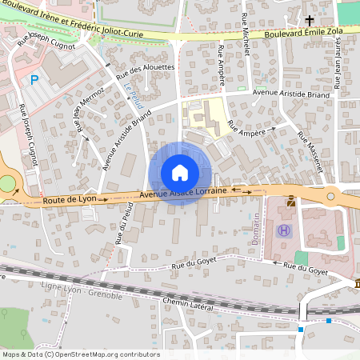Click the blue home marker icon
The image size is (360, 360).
point(180,173)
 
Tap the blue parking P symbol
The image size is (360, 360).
point(34,80)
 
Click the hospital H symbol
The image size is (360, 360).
point(283,230)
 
